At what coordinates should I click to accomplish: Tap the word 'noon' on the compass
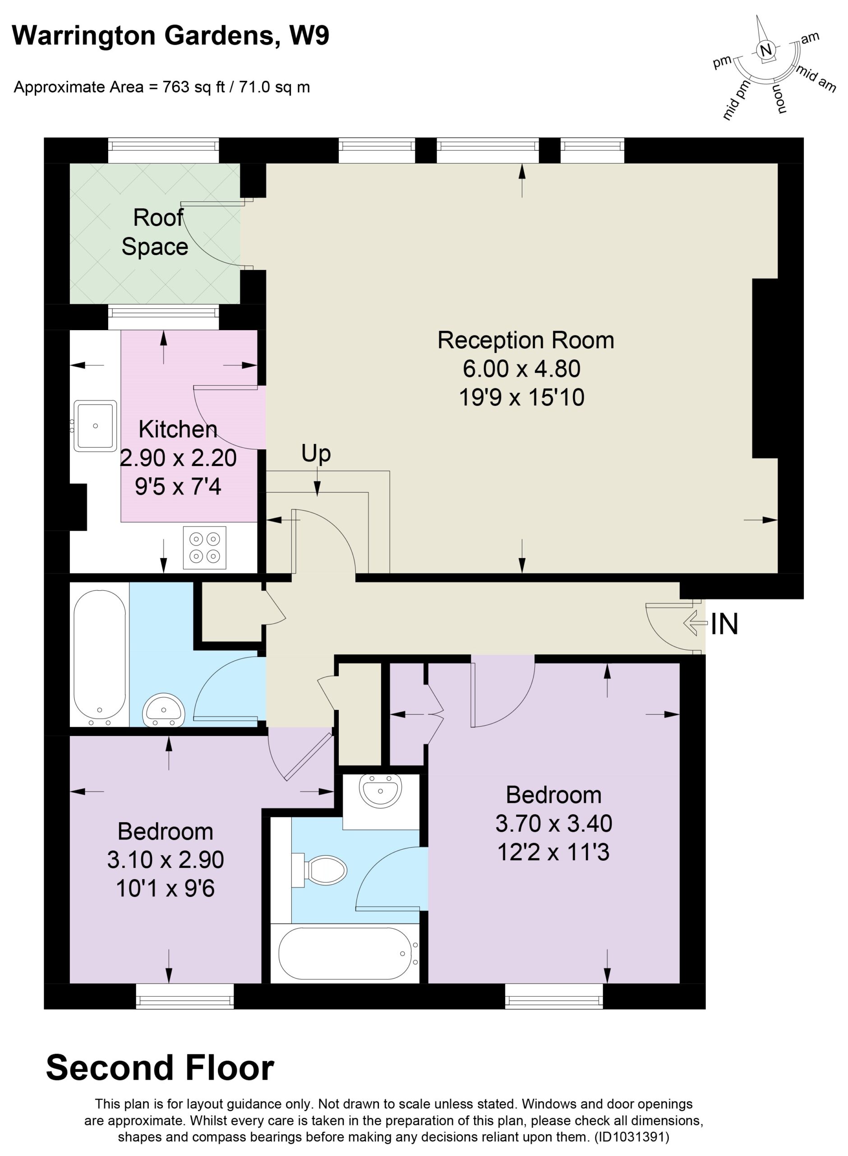pos(779,98)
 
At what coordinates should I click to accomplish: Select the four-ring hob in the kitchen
pos(205,548)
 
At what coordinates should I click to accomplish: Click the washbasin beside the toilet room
pos(380,790)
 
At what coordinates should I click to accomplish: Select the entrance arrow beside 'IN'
pos(696,624)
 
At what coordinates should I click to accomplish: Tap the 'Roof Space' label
pos(155,232)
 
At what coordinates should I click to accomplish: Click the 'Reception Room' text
pos(525,340)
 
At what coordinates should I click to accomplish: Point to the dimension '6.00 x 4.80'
pos(521,368)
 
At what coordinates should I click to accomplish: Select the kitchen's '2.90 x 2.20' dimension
pos(178,457)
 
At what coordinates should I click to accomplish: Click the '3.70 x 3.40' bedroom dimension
pos(553,823)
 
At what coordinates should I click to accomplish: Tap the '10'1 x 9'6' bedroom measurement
pos(165,888)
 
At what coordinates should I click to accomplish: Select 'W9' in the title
pos(309,36)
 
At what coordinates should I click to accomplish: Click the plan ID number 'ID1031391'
pos(631,1137)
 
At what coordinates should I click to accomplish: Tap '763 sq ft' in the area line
pos(194,87)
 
